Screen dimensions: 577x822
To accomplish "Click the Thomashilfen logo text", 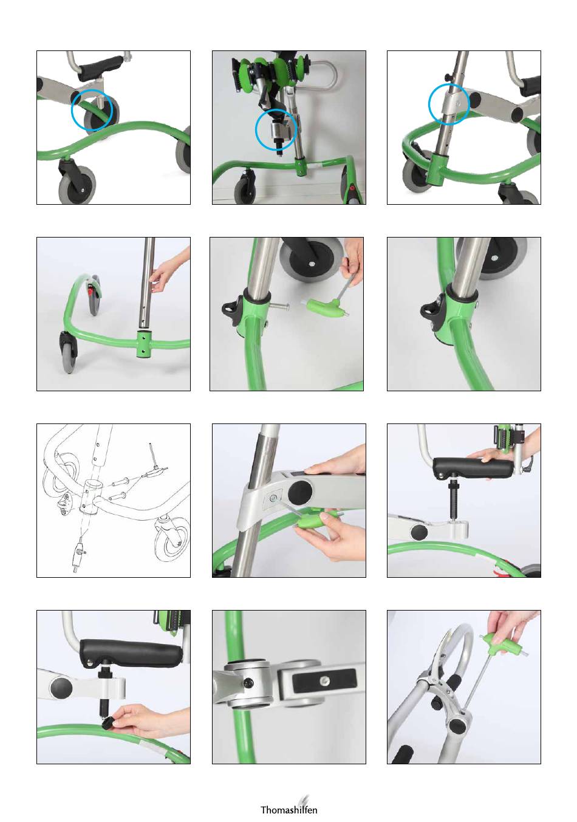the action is pyautogui.click(x=288, y=809).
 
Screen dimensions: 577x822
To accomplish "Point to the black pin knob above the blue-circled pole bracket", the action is pyautogui.click(x=447, y=77).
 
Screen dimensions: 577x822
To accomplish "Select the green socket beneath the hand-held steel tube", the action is pyautogui.click(x=144, y=344).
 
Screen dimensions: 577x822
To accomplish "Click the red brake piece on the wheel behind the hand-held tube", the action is pyautogui.click(x=89, y=291).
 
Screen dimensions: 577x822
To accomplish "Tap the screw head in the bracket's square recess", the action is pyautogui.click(x=273, y=498).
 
